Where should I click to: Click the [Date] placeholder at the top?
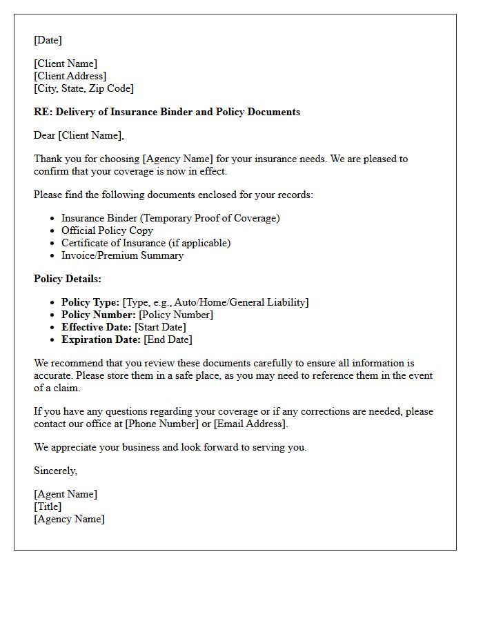[x=48, y=40]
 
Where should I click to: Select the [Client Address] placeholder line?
[x=70, y=76]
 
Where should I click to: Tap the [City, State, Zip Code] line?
[x=83, y=88]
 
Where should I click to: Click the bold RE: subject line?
[x=167, y=112]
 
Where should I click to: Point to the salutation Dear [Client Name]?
[x=79, y=135]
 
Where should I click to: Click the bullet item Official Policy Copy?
[x=107, y=230]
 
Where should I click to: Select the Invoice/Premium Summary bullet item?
[x=122, y=255]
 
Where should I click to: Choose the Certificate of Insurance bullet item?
[x=146, y=243]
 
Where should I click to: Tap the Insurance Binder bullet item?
[x=170, y=218]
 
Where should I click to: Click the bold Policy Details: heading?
[x=68, y=279]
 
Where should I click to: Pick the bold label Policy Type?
[x=90, y=302]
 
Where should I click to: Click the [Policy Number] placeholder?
[x=176, y=315]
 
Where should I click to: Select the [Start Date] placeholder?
[x=160, y=327]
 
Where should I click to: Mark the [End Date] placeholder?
[x=168, y=339]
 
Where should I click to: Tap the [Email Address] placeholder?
[x=249, y=424]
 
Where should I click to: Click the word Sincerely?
[x=55, y=471]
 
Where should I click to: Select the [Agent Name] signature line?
[x=66, y=494]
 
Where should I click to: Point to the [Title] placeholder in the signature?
[x=48, y=506]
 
